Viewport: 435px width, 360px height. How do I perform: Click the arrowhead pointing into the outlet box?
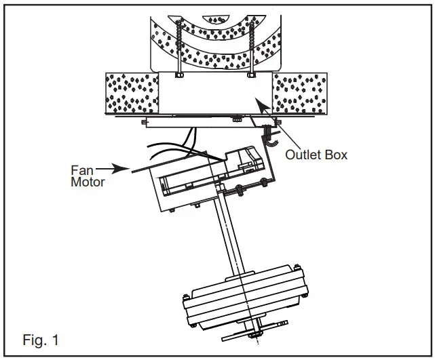pos(257,102)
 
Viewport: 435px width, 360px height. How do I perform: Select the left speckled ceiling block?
pos(132,94)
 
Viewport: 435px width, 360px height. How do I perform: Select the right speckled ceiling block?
pos(299,94)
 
